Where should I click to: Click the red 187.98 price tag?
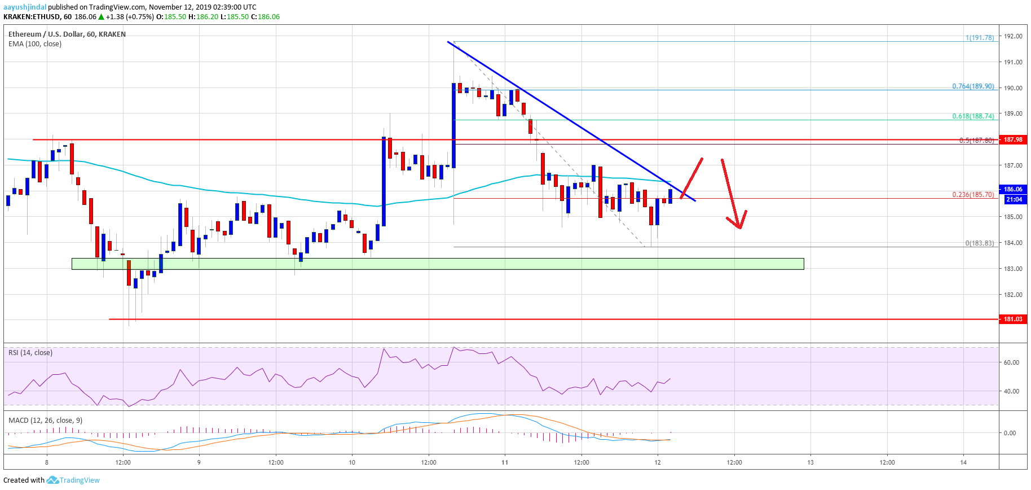(1013, 139)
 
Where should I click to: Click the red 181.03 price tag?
(1013, 319)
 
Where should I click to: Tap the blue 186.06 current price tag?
(1013, 189)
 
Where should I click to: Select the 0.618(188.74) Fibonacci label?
(973, 116)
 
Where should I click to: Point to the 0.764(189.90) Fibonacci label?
(973, 86)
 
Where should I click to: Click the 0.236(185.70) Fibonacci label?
(973, 194)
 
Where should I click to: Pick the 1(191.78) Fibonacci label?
(980, 38)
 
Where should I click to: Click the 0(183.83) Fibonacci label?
(979, 243)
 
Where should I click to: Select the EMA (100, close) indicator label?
(35, 44)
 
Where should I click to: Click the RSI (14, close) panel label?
(30, 353)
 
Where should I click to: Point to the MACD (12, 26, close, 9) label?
(45, 421)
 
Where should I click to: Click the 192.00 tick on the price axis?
(1013, 36)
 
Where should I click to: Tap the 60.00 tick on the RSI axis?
(1011, 362)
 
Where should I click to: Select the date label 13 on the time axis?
(810, 462)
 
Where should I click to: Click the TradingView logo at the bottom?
(73, 480)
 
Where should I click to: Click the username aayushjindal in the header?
(25, 7)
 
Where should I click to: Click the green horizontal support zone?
(438, 264)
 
